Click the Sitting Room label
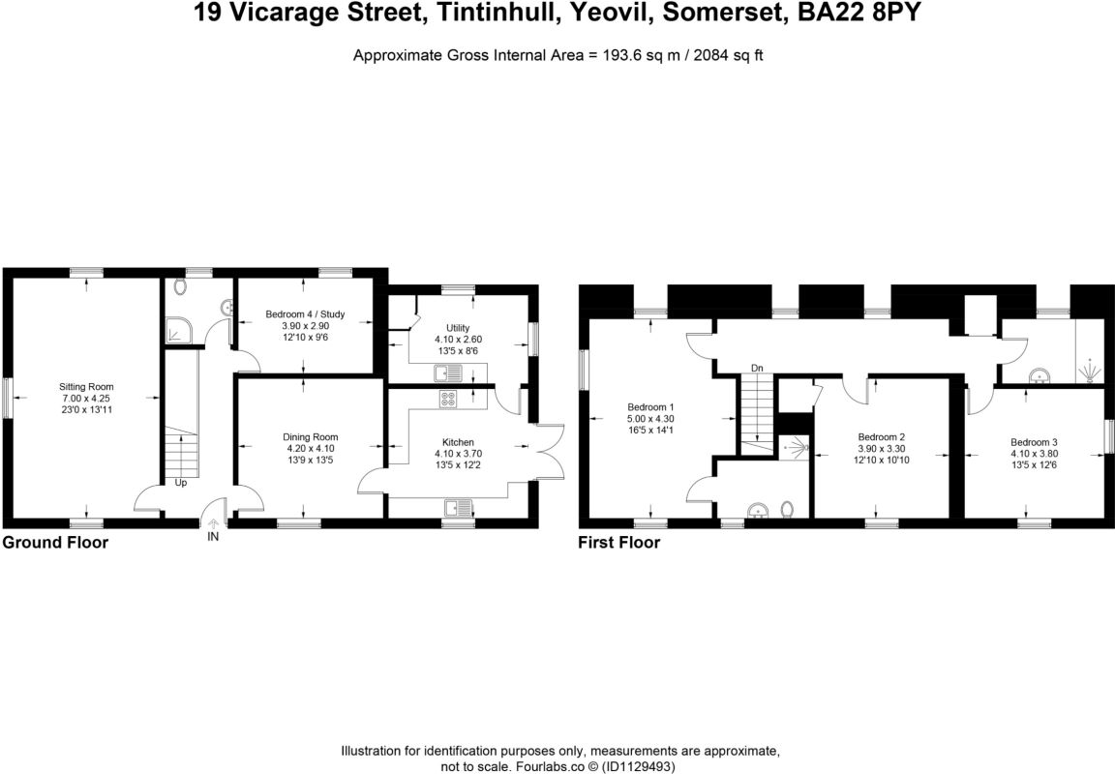pyautogui.click(x=86, y=387)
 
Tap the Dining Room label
pyautogui.click(x=310, y=437)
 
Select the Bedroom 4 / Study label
pyautogui.click(x=305, y=314)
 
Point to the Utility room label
pyautogui.click(x=458, y=328)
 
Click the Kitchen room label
pyautogui.click(x=458, y=442)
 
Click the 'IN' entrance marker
pyautogui.click(x=213, y=536)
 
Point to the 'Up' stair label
pyautogui.click(x=181, y=482)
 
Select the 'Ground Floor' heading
pyautogui.click(x=55, y=543)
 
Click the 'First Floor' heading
pyautogui.click(x=619, y=543)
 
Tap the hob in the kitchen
pyautogui.click(x=449, y=398)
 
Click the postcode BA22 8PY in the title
pyautogui.click(x=868, y=14)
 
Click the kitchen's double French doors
pyautogui.click(x=548, y=450)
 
